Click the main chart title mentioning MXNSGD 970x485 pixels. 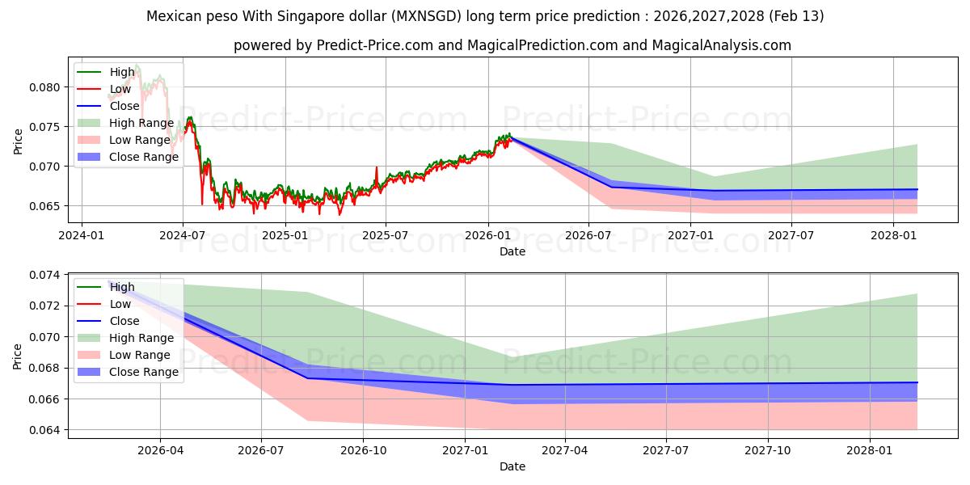click(x=485, y=16)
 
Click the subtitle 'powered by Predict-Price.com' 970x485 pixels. click(x=512, y=46)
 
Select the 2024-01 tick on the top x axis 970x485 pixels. click(x=82, y=234)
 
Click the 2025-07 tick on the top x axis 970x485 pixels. click(x=386, y=234)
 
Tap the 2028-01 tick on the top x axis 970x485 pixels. click(x=893, y=234)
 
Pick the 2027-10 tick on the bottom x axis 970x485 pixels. click(x=768, y=449)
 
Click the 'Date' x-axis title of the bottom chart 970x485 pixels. click(x=512, y=466)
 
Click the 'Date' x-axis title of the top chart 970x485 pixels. click(x=512, y=251)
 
